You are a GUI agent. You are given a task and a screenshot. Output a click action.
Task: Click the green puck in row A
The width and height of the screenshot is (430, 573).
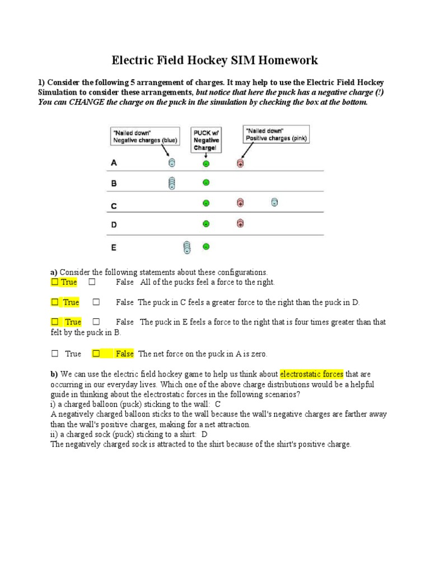click(205, 163)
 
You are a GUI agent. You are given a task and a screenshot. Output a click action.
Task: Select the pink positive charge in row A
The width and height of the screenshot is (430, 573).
click(240, 163)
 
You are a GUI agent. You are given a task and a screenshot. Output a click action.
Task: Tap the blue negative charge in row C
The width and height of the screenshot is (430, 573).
click(274, 203)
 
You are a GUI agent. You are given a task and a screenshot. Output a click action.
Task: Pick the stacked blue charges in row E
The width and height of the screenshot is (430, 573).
click(187, 246)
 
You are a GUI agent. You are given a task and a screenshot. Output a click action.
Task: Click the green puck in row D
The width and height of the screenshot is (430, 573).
click(205, 224)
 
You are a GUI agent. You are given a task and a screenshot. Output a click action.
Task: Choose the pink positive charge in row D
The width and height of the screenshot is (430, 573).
click(240, 223)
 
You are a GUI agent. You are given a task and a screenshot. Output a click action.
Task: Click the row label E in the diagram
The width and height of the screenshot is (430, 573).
click(114, 246)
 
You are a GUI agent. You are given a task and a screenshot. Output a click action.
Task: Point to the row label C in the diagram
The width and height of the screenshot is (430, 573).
click(114, 206)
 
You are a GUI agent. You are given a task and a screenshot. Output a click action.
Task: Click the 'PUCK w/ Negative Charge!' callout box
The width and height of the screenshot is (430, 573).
click(205, 140)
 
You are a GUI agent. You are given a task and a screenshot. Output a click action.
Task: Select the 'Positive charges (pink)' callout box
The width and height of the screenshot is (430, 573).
click(277, 134)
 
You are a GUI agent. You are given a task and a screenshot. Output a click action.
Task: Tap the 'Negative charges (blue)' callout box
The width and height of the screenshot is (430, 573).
click(144, 137)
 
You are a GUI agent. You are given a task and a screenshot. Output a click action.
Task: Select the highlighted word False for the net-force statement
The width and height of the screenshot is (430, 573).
click(125, 354)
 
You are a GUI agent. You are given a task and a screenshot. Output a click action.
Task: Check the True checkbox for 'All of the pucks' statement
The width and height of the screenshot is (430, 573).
click(55, 283)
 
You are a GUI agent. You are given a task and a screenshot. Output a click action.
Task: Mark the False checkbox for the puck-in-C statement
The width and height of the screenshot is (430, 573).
click(96, 302)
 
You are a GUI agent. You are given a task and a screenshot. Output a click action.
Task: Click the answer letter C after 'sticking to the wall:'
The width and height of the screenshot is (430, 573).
click(218, 404)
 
